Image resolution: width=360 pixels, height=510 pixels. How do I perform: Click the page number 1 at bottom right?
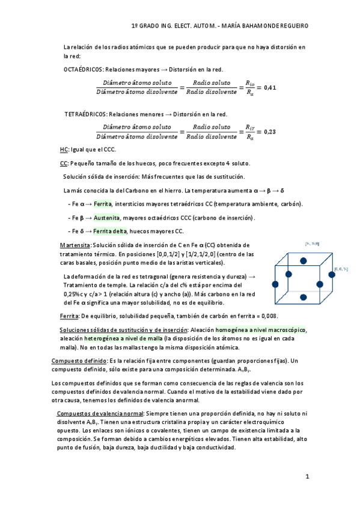pyautogui.click(x=307, y=477)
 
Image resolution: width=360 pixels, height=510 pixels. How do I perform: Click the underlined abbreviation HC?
pyautogui.click(x=64, y=149)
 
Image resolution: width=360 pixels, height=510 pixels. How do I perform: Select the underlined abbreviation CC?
pyautogui.click(x=64, y=163)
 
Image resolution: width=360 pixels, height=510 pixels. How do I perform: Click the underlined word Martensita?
pyautogui.click(x=76, y=245)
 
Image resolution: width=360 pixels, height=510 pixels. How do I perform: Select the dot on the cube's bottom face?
pyautogui.click(x=304, y=296)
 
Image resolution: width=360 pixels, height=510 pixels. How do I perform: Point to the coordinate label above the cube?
pyautogui.click(x=312, y=244)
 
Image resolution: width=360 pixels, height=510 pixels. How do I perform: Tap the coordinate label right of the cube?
pyautogui.click(x=341, y=269)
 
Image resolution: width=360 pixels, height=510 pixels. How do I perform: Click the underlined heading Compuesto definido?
pyautogui.click(x=79, y=360)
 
